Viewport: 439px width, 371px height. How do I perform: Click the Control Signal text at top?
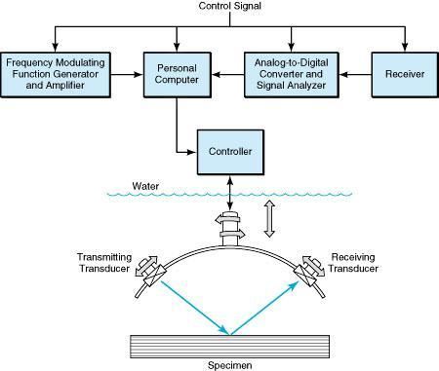[x=229, y=9]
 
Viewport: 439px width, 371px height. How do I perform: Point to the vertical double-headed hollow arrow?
[x=270, y=220]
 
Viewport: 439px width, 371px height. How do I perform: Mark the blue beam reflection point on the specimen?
[x=229, y=331]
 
